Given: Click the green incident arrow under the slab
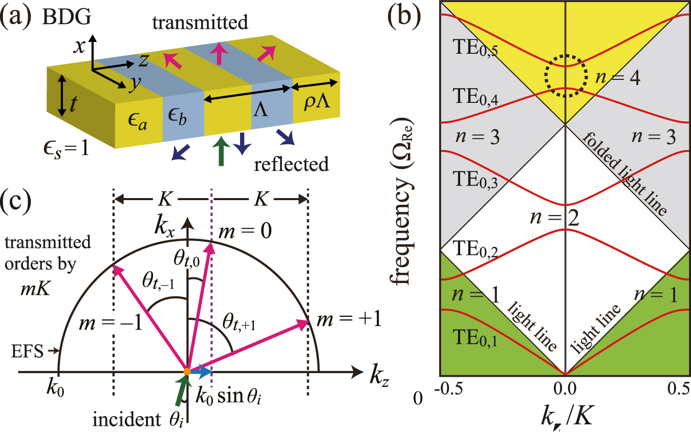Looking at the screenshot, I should click(x=221, y=152).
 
